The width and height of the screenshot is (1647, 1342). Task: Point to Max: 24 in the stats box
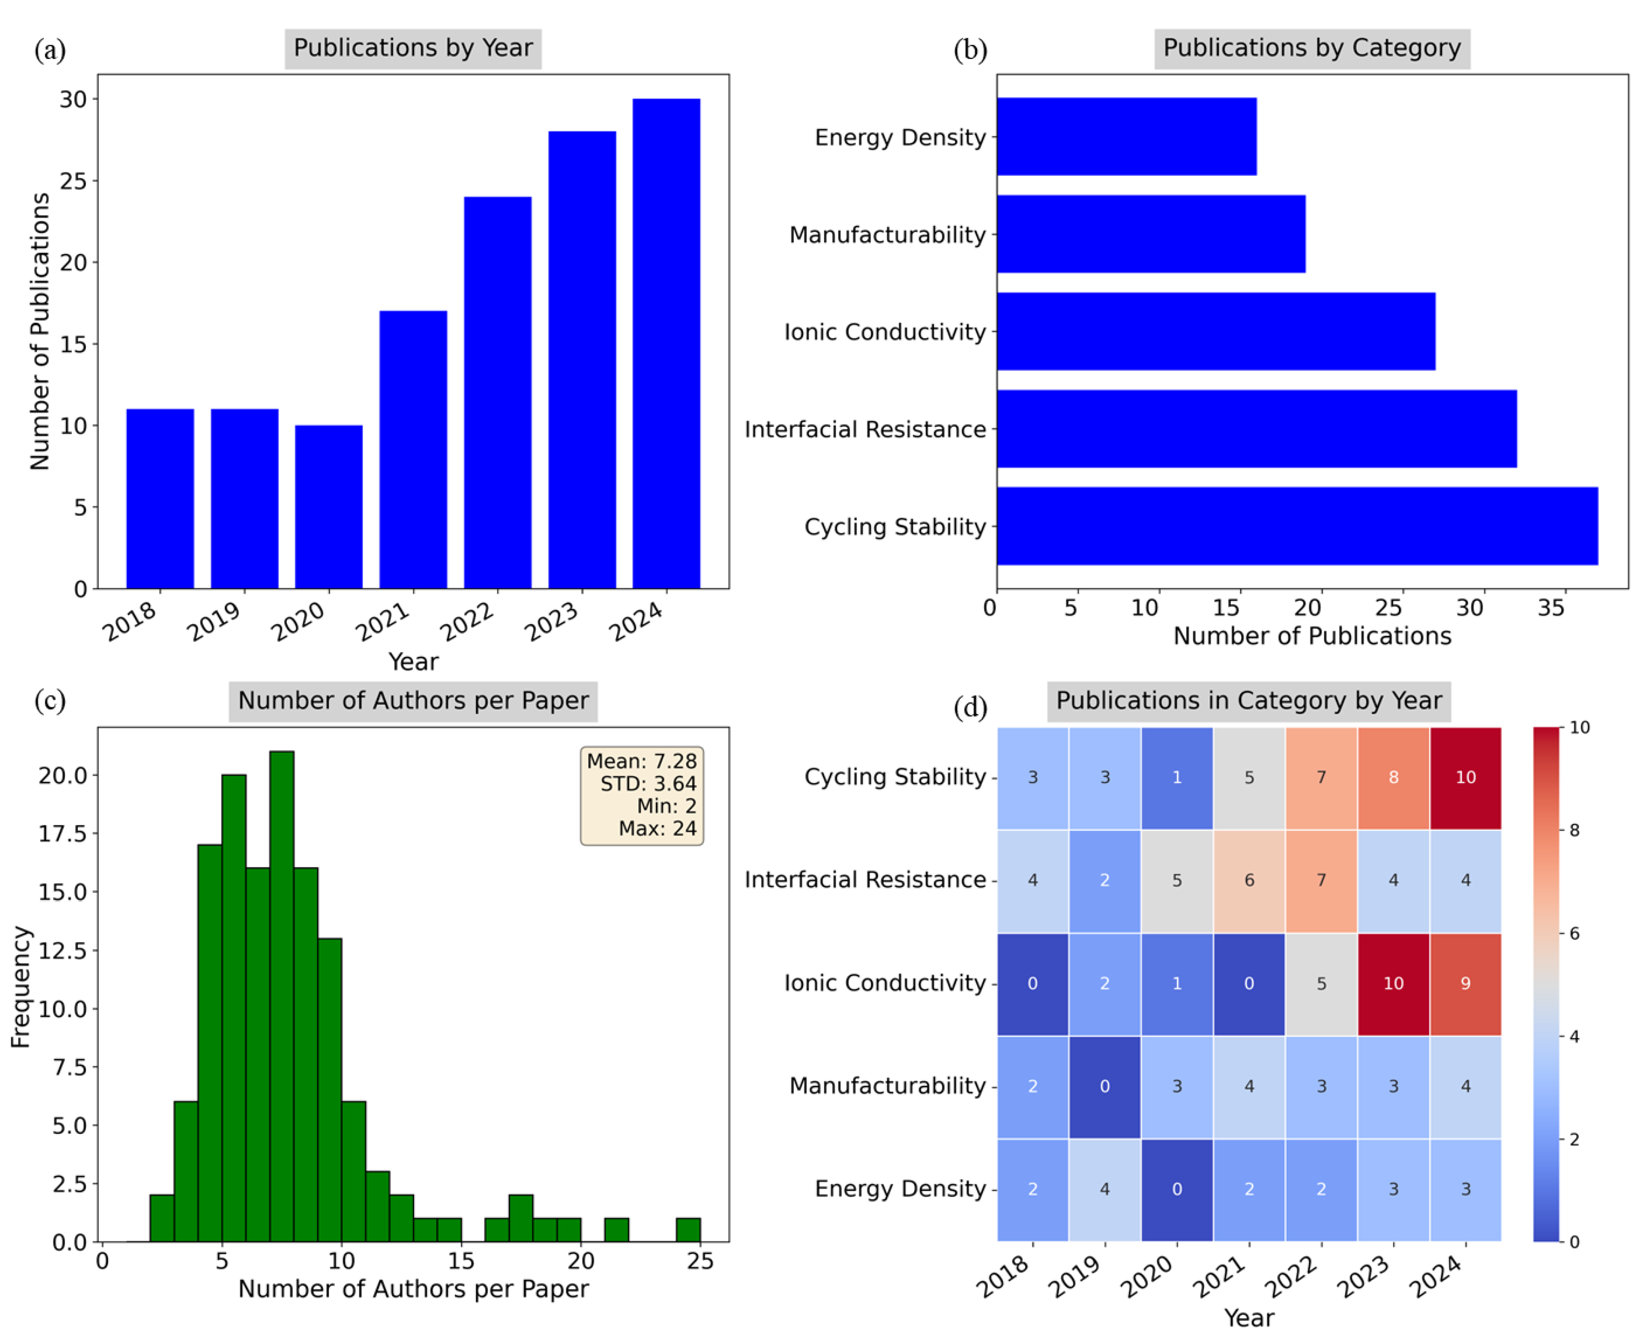click(657, 828)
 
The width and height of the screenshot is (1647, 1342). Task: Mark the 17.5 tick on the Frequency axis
click(62, 834)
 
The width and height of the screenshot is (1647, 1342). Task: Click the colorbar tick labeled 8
click(1573, 830)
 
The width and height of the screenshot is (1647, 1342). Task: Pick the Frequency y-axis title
click(21, 986)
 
